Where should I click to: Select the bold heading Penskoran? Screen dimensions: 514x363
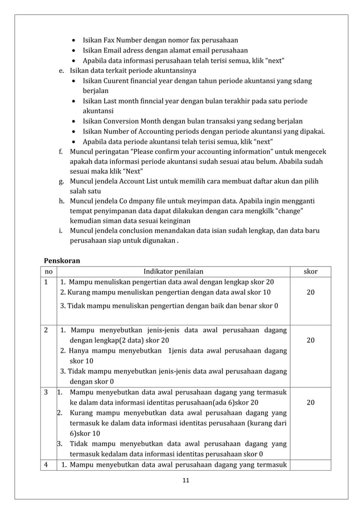(62, 260)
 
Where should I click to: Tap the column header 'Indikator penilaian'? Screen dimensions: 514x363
(173, 272)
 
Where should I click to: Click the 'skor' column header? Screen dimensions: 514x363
(310, 272)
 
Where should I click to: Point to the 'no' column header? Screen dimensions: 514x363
(49, 272)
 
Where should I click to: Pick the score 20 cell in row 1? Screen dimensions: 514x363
(310, 292)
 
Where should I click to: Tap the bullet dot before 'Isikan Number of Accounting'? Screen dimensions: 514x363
(76, 131)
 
